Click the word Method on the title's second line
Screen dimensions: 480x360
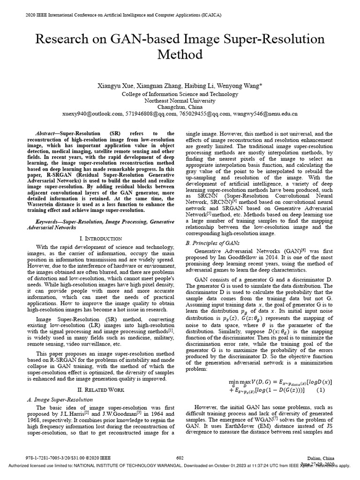(180, 55)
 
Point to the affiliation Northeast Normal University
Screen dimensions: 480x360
(180, 100)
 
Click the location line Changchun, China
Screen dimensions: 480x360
(180, 107)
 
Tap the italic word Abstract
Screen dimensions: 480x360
(46, 134)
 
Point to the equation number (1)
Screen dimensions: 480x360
(321, 390)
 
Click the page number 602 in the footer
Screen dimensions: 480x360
(180, 457)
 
